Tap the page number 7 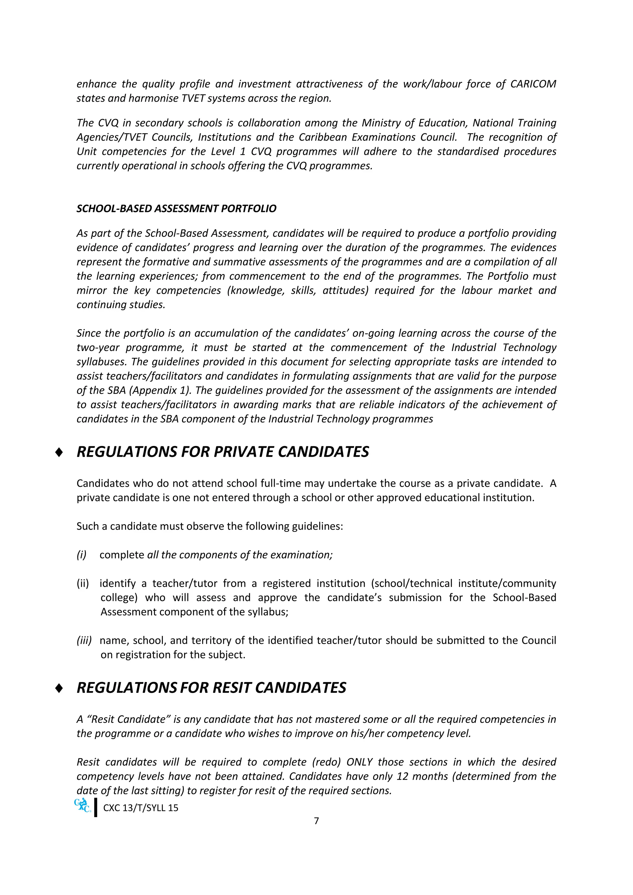click(x=316, y=821)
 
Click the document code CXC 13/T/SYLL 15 click(x=140, y=808)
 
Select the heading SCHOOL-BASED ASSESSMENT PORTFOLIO click(x=176, y=209)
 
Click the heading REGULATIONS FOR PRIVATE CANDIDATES click(x=223, y=452)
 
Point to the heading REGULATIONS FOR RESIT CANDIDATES click(x=211, y=688)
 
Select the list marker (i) click(x=82, y=555)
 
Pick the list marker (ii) click(x=83, y=583)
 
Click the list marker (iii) click(x=84, y=640)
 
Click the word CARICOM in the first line click(x=533, y=84)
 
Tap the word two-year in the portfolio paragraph click(x=98, y=347)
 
